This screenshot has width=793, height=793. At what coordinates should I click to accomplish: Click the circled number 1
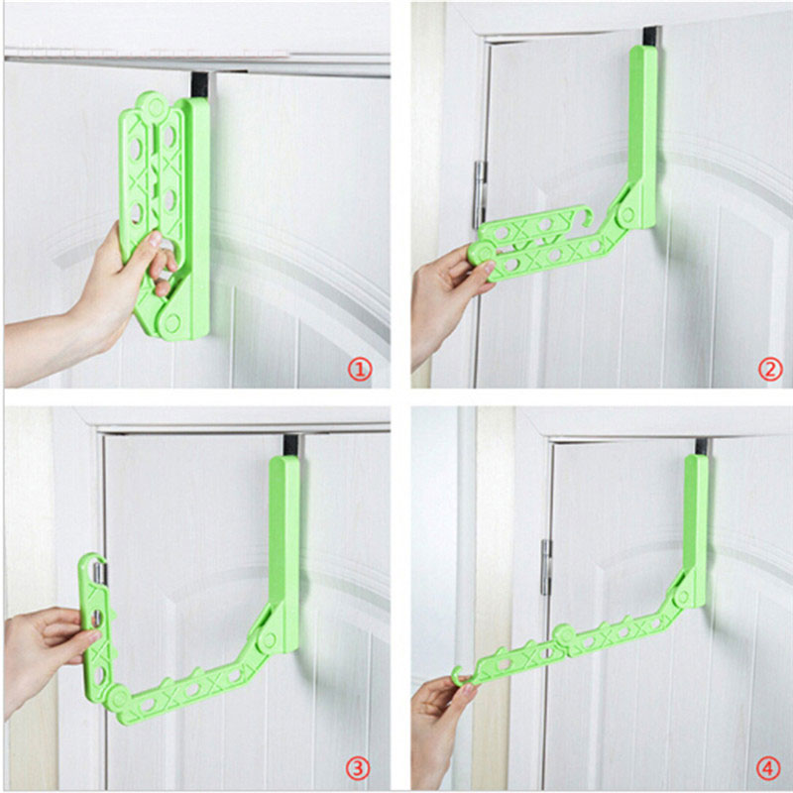pyautogui.click(x=359, y=371)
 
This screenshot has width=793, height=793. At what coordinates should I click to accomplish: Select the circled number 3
pyautogui.click(x=359, y=767)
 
